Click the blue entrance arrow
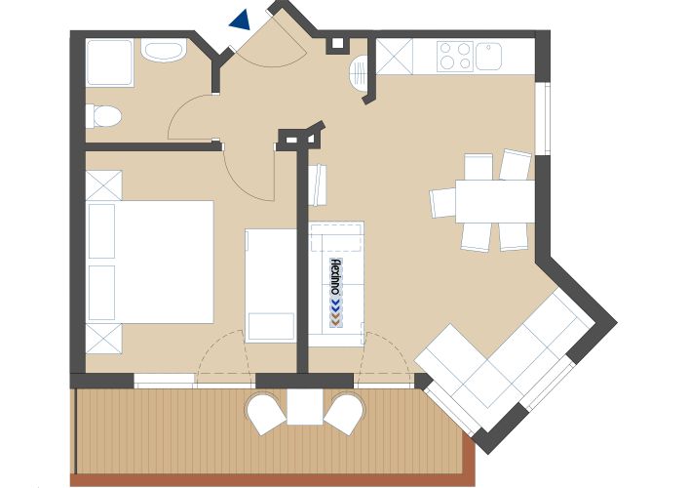point(241,20)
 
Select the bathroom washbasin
point(164,51)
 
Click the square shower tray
point(110,62)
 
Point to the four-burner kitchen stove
point(455,56)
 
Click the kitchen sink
point(488,56)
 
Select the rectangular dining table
point(495,201)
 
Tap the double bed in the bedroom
point(150,263)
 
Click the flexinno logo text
point(335,277)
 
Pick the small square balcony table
point(304,407)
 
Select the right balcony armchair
point(345,413)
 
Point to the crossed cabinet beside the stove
point(395,57)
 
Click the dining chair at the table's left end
point(442,202)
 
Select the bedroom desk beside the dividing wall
point(271,285)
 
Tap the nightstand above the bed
point(103,185)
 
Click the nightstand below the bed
point(103,339)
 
